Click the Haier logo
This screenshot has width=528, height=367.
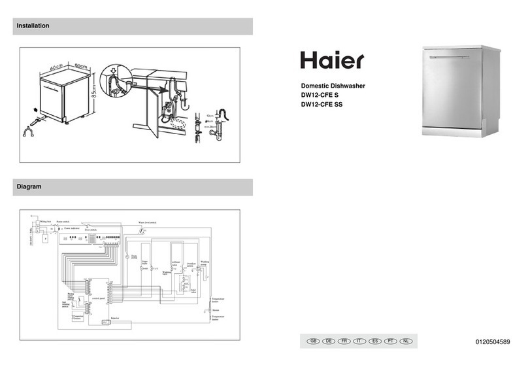[332, 60]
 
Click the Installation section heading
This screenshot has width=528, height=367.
[33, 26]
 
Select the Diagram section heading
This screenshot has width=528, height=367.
[29, 187]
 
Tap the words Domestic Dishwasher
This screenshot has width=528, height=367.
[332, 86]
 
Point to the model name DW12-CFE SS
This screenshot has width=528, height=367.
[322, 105]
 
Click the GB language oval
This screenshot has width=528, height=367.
[312, 341]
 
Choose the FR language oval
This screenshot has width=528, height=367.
[344, 341]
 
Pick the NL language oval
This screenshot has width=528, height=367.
[406, 341]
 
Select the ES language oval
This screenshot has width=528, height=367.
[375, 341]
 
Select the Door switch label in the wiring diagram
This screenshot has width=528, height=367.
[92, 230]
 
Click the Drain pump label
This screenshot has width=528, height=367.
[134, 257]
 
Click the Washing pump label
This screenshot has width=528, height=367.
[205, 262]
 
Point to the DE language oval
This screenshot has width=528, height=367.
[328, 341]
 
